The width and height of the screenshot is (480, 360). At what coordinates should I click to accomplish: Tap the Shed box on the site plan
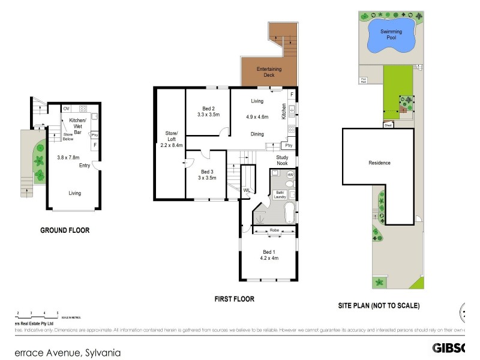(x=389, y=125)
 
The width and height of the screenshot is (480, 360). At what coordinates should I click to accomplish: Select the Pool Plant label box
(x=364, y=79)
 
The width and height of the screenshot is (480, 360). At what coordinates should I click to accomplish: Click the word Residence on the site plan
(x=379, y=163)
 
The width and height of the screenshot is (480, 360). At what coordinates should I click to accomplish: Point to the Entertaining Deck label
(x=269, y=73)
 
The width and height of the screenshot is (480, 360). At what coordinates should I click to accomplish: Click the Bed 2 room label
(x=208, y=110)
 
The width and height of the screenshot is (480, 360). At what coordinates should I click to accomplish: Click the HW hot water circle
(x=290, y=175)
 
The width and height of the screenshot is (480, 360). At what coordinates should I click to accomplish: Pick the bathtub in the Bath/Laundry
(x=289, y=213)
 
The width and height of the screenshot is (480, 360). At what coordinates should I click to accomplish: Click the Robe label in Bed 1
(x=274, y=230)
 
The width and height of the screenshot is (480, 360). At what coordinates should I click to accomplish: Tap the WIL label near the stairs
(x=247, y=190)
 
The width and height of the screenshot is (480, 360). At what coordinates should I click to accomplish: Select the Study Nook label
(x=283, y=160)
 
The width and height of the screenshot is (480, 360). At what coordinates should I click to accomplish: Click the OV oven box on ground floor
(x=66, y=109)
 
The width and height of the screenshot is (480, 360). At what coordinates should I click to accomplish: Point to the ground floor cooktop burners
(x=83, y=109)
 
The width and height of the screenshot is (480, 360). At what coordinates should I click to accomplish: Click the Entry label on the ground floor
(x=85, y=166)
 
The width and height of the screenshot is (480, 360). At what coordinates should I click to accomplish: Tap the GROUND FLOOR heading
(x=65, y=230)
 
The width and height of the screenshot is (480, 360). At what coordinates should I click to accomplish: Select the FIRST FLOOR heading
(x=235, y=299)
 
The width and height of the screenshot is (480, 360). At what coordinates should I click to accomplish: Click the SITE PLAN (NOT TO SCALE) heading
(x=379, y=305)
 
